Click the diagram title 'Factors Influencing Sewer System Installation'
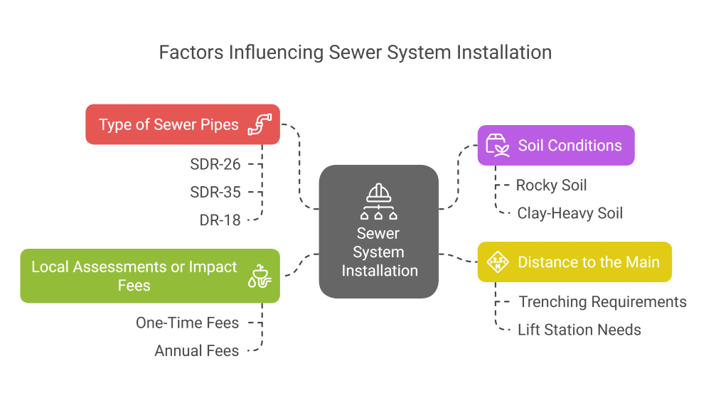coord(355,53)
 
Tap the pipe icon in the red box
coord(260,125)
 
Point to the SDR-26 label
coord(215,165)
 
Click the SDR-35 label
coord(215,193)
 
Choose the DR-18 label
coord(220,220)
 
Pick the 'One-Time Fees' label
coord(187,323)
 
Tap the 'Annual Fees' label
coord(196,350)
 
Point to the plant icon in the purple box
coord(497,146)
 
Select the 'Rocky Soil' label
coord(552,185)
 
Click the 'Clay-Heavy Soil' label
coord(570,213)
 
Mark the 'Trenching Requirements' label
coord(602,302)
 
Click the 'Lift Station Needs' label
coord(579,330)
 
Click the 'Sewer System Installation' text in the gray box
coord(379,252)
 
